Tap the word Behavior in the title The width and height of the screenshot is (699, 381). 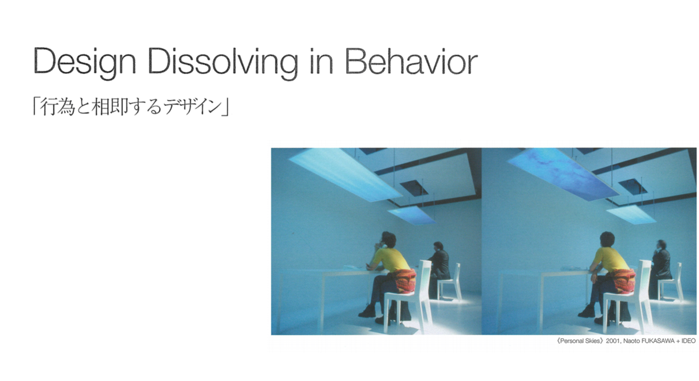click(x=412, y=61)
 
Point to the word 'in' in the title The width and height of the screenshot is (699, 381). click(x=322, y=61)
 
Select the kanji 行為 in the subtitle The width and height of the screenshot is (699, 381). click(x=58, y=107)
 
